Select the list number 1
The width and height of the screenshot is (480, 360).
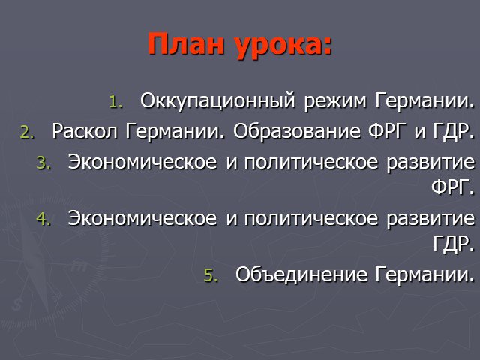[115, 102]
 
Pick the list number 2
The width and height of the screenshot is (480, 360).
[27, 133]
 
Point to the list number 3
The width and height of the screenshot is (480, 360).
[43, 163]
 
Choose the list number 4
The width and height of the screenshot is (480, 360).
[43, 219]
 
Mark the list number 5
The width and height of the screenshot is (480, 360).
[211, 275]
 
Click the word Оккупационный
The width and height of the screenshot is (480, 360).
[217, 100]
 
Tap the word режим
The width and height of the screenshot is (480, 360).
[335, 102]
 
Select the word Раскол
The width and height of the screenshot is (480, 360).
[85, 131]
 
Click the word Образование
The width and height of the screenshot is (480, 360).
[297, 131]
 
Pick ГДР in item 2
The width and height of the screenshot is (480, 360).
[451, 132]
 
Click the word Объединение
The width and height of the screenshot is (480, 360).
[301, 274]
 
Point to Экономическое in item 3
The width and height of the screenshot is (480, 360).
[142, 162]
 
